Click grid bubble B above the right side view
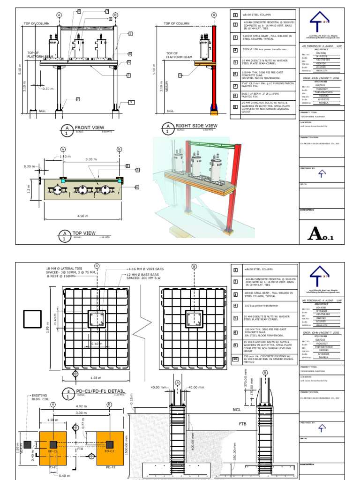[x=214, y=15]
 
